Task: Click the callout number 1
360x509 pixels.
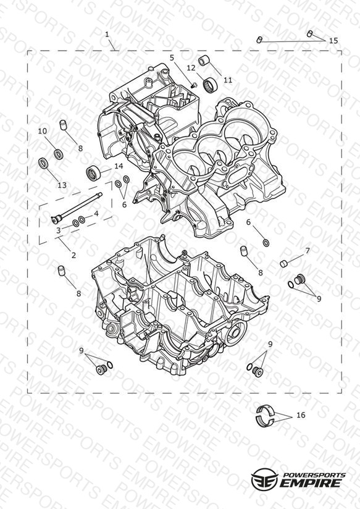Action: point(107,34)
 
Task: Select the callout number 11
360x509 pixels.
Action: point(228,80)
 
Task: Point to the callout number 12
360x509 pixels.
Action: point(191,68)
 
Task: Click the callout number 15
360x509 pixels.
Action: point(333,41)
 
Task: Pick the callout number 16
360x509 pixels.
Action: point(301,415)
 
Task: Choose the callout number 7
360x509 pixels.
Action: point(308,251)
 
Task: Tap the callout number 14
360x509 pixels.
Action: point(119,166)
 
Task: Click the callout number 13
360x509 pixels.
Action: point(62,185)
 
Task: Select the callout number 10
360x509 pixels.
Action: point(43,131)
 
